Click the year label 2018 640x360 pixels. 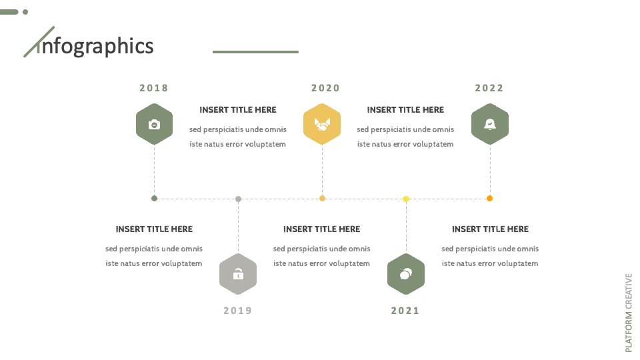pyautogui.click(x=154, y=88)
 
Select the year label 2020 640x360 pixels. pyautogui.click(x=325, y=88)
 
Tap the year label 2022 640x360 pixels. pyautogui.click(x=489, y=88)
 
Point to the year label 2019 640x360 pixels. pyautogui.click(x=237, y=311)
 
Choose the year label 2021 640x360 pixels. pyautogui.click(x=405, y=311)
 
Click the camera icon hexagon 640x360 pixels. pyautogui.click(x=154, y=124)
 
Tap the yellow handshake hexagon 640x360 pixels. pyautogui.click(x=322, y=124)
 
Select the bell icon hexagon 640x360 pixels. pyautogui.click(x=490, y=124)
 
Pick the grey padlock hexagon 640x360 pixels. pyautogui.click(x=238, y=274)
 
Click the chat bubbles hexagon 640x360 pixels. pyautogui.click(x=406, y=274)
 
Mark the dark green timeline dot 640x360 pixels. pyautogui.click(x=154, y=199)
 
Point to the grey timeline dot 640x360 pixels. pyautogui.click(x=239, y=199)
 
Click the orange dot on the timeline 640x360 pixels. pyautogui.click(x=489, y=199)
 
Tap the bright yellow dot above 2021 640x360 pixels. pyautogui.click(x=406, y=199)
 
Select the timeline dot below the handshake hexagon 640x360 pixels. pyautogui.click(x=322, y=199)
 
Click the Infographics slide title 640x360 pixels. pyautogui.click(x=89, y=44)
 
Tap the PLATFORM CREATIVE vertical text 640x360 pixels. pyautogui.click(x=629, y=313)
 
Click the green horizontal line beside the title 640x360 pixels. pyautogui.click(x=255, y=52)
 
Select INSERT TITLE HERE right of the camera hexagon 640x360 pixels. pyautogui.click(x=238, y=110)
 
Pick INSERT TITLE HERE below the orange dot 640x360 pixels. pyautogui.click(x=490, y=229)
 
